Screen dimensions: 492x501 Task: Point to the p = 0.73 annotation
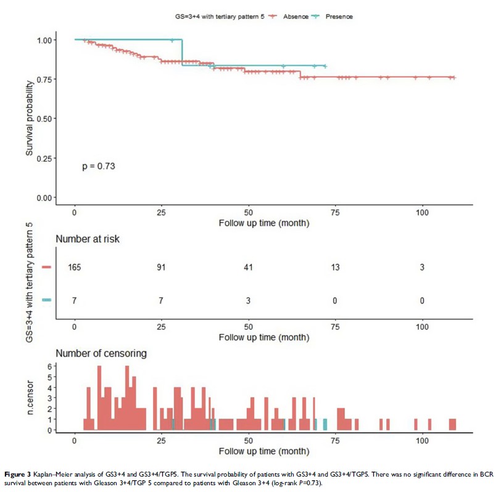[x=99, y=166]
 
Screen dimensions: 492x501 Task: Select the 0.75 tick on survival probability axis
[x=45, y=80]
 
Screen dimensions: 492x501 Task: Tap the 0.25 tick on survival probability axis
[x=45, y=158]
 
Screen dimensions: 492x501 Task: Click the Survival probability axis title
[x=30, y=119]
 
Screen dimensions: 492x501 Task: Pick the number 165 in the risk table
[x=75, y=268]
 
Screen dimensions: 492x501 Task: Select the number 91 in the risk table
[x=162, y=268]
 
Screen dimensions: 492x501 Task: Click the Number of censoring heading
[x=102, y=353]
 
